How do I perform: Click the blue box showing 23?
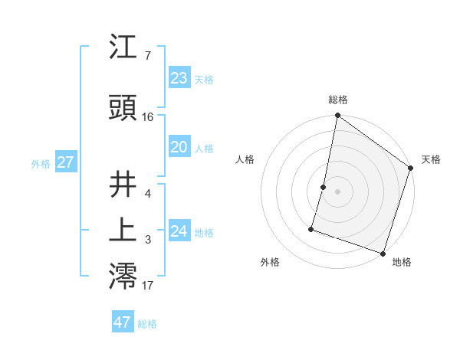click(x=179, y=78)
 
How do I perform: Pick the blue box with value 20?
click(x=179, y=148)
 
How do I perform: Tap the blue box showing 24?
click(x=179, y=231)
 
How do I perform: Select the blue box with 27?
click(x=65, y=162)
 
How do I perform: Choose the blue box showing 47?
click(x=123, y=322)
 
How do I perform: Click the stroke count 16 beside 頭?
click(x=148, y=117)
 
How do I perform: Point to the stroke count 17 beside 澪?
click(x=148, y=286)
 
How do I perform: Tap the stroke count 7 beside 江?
click(x=147, y=56)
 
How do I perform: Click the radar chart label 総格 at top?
click(x=338, y=100)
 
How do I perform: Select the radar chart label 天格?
click(x=431, y=159)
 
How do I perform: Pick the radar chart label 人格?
click(x=245, y=159)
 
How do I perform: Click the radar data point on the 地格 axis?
click(x=383, y=253)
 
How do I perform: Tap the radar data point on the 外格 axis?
click(x=312, y=228)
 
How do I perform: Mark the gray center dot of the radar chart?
click(x=337, y=191)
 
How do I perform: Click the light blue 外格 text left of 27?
click(x=40, y=163)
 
